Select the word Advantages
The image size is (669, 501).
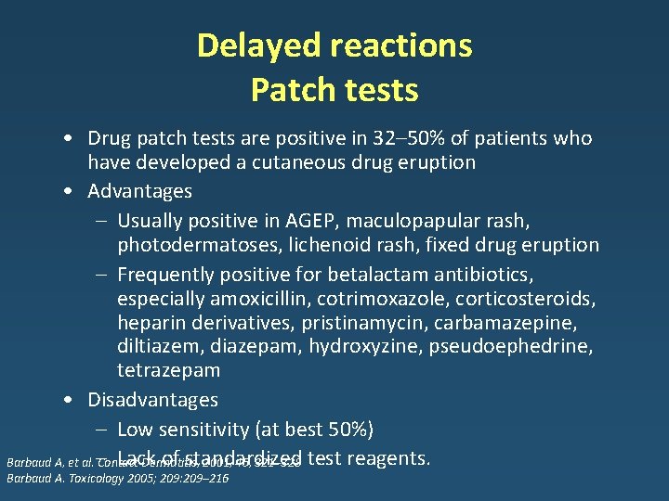pyautogui.click(x=139, y=191)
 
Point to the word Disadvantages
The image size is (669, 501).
pyautogui.click(x=152, y=400)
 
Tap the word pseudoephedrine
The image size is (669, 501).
pyautogui.click(x=523, y=346)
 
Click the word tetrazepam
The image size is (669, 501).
pyautogui.click(x=168, y=370)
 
